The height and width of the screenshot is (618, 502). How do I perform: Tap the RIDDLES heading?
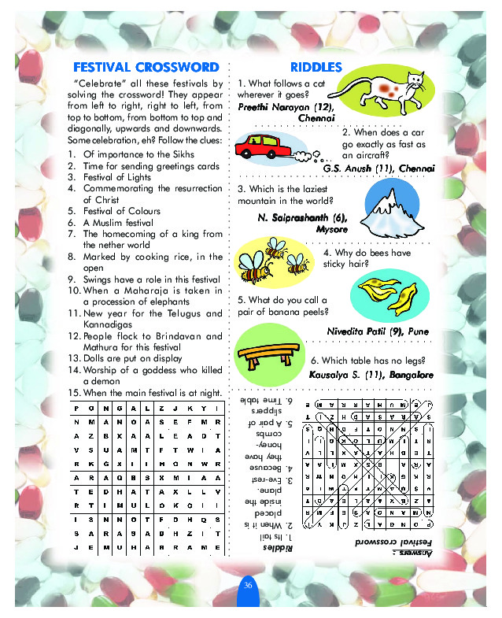point(316,67)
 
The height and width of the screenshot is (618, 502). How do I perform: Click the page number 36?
point(247,584)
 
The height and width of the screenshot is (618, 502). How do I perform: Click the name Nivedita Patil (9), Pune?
point(378,331)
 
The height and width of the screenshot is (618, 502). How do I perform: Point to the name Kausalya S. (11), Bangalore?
point(371,375)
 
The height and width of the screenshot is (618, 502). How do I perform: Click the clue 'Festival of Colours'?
point(121,211)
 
